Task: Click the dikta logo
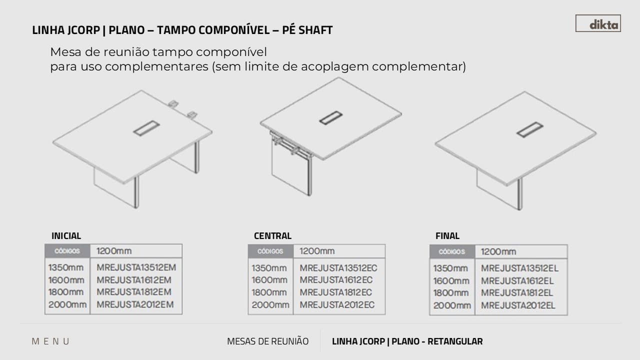(x=598, y=23)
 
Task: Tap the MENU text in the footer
(x=50, y=341)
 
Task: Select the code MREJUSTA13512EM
(x=136, y=267)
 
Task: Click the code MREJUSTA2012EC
(x=337, y=305)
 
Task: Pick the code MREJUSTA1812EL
(x=517, y=293)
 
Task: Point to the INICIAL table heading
(x=66, y=235)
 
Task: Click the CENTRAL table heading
(x=272, y=235)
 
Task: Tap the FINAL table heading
(x=447, y=235)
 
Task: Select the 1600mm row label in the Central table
(x=269, y=280)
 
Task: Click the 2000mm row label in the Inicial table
(x=67, y=304)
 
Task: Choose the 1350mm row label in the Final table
(x=450, y=268)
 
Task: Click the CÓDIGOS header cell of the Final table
(x=452, y=251)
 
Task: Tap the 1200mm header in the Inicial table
(x=114, y=251)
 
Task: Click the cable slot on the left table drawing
(x=146, y=128)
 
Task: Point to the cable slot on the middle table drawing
(x=331, y=117)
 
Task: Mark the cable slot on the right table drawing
(x=529, y=129)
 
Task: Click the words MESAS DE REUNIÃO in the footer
(x=267, y=341)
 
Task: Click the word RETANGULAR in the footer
(x=455, y=341)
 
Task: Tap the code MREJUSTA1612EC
(x=336, y=280)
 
